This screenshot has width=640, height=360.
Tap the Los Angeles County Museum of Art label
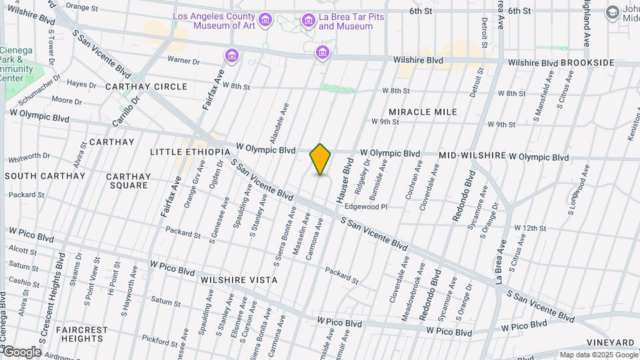point(214,21)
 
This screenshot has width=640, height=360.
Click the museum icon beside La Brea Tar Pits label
point(308,21)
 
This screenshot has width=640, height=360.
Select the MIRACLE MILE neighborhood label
point(423,111)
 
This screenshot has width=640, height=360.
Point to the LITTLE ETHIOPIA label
point(190,152)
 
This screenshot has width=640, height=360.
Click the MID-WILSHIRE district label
point(471,155)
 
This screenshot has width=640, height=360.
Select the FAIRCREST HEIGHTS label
point(82,335)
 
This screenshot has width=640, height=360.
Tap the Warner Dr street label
point(183,61)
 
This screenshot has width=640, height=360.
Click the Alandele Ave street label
point(283,124)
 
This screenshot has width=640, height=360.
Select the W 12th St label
point(530,228)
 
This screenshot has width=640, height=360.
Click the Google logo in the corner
point(22,352)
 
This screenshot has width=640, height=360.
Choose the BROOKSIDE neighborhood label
point(587,63)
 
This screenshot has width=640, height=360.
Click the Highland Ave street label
point(587,24)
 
